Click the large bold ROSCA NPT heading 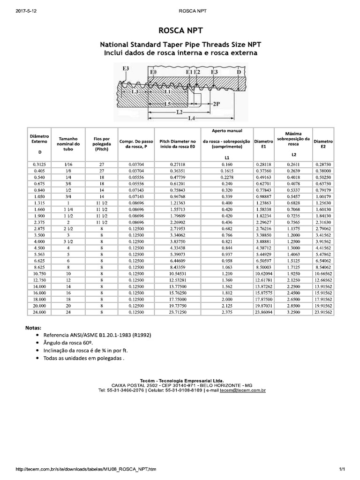pos(180,31)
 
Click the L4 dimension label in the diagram pos(191,119)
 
